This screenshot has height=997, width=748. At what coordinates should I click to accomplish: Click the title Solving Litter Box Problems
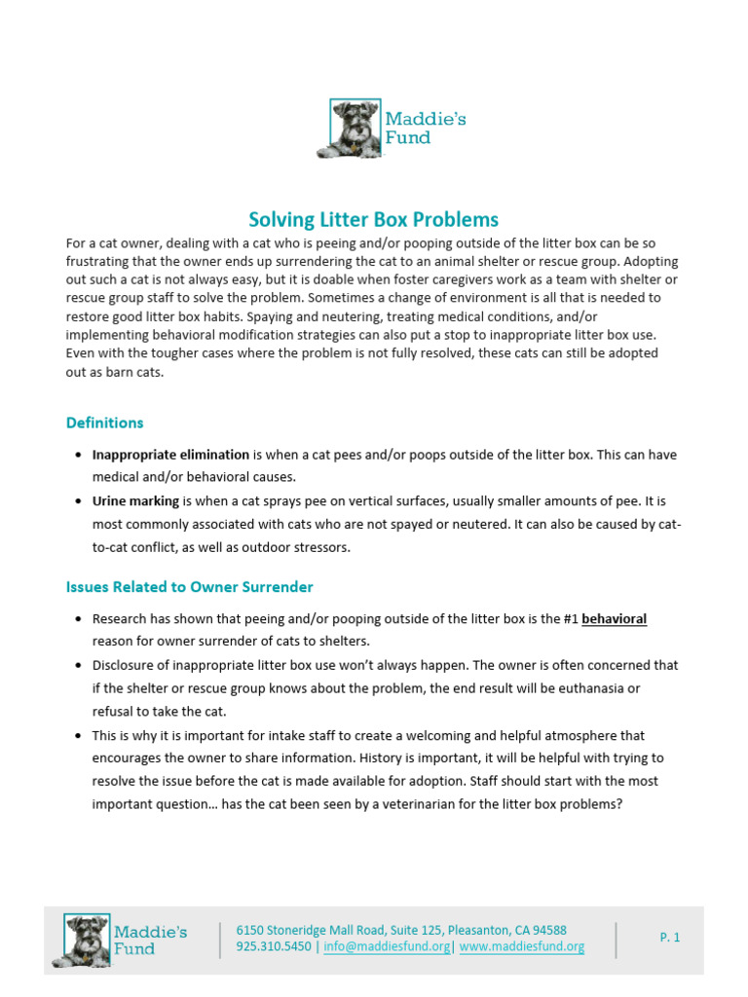[x=373, y=219]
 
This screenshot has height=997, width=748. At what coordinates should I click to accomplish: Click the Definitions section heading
[x=104, y=423]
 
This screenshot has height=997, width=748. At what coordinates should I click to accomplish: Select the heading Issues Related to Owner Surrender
[x=189, y=587]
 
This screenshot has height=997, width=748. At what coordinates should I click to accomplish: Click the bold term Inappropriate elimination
[x=170, y=455]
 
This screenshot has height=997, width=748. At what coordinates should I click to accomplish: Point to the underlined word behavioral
[x=614, y=619]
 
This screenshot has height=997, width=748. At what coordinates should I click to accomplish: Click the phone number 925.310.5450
[x=274, y=946]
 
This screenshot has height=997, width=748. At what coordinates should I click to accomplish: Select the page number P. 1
[x=669, y=938]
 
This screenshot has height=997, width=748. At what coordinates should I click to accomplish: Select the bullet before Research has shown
[x=78, y=620]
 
